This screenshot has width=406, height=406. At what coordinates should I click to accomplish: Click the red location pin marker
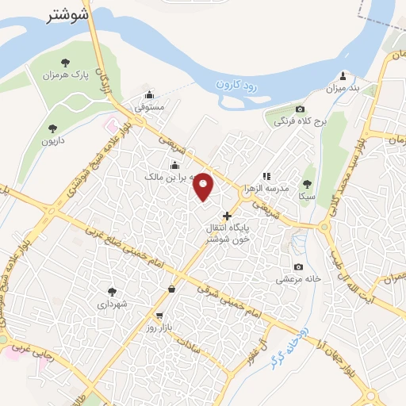(204, 186)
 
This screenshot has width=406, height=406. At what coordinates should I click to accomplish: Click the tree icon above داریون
(52, 127)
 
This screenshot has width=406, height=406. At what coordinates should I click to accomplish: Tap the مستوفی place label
(148, 105)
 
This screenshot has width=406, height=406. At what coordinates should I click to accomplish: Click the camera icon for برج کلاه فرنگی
(300, 109)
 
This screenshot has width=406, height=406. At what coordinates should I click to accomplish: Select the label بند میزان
(343, 89)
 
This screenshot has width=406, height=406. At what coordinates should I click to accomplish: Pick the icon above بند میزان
(343, 76)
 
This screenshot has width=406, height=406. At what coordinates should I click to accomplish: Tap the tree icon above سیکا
(307, 182)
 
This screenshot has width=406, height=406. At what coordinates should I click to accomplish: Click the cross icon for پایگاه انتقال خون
(228, 215)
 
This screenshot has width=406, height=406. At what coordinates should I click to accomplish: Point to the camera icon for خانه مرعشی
(298, 266)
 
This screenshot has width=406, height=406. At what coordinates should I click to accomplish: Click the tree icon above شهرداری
(112, 291)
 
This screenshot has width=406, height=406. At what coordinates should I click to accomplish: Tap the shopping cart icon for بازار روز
(159, 315)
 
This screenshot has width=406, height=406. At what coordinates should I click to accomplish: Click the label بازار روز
(159, 327)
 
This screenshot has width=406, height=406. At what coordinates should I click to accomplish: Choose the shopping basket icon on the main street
(172, 289)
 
